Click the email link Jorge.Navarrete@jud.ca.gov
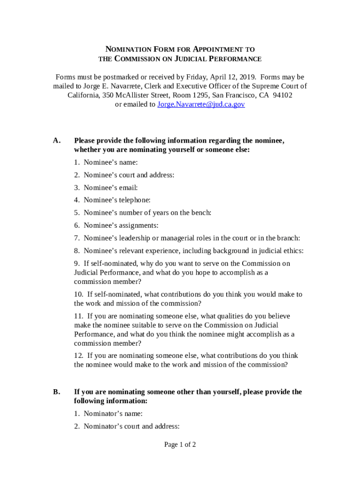[201, 104]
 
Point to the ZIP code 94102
[282, 95]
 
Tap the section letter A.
[57, 141]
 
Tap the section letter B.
[57, 392]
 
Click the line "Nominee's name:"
[111, 162]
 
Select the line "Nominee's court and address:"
[129, 175]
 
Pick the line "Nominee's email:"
[111, 188]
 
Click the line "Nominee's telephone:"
[117, 200]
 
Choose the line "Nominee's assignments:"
[121, 225]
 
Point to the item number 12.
[78, 356]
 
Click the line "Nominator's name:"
[113, 414]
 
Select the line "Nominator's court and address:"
[131, 426]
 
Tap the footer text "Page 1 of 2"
[180, 444]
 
